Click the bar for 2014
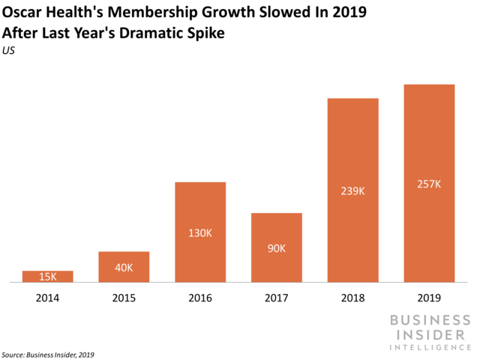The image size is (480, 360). click(48, 277)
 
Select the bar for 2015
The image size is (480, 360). click(124, 267)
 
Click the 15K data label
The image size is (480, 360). click(48, 277)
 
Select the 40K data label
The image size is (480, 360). click(124, 268)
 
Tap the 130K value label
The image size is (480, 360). click(200, 233)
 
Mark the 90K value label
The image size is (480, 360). click(276, 248)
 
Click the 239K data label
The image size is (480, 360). click(352, 190)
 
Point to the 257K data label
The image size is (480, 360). click(429, 184)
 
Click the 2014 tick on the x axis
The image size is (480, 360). click(48, 298)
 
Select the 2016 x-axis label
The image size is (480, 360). click(200, 298)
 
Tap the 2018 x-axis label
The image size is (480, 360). click(352, 298)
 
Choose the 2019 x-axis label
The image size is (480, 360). click(429, 298)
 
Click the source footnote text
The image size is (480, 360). click(48, 354)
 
